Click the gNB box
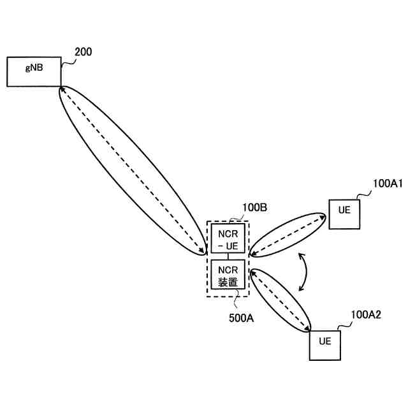34,71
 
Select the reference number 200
84,52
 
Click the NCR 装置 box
228,275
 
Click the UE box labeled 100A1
344,214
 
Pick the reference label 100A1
388,184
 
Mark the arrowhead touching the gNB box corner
62,89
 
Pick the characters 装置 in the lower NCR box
228,280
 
